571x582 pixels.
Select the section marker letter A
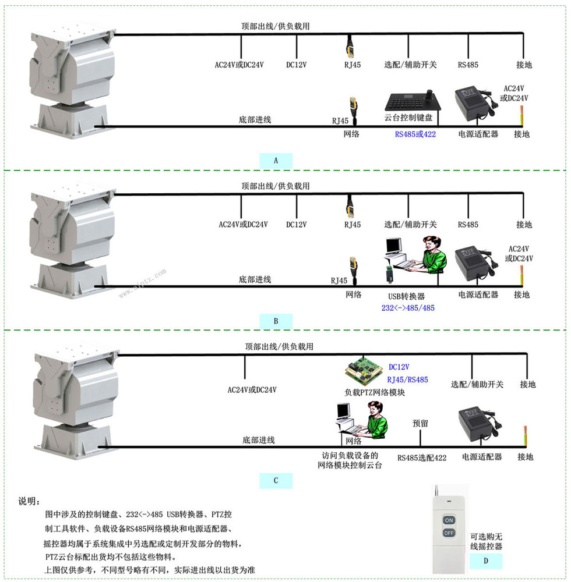pos(276,160)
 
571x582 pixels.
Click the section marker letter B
pos(276,320)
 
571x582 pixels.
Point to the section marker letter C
pos(276,480)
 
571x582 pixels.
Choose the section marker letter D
pos(485,560)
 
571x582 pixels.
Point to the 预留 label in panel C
pos(420,424)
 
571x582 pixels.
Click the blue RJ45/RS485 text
pos(408,379)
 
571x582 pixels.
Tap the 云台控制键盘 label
pos(408,117)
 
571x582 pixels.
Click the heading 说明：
pos(30,502)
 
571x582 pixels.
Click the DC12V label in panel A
pos(297,65)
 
